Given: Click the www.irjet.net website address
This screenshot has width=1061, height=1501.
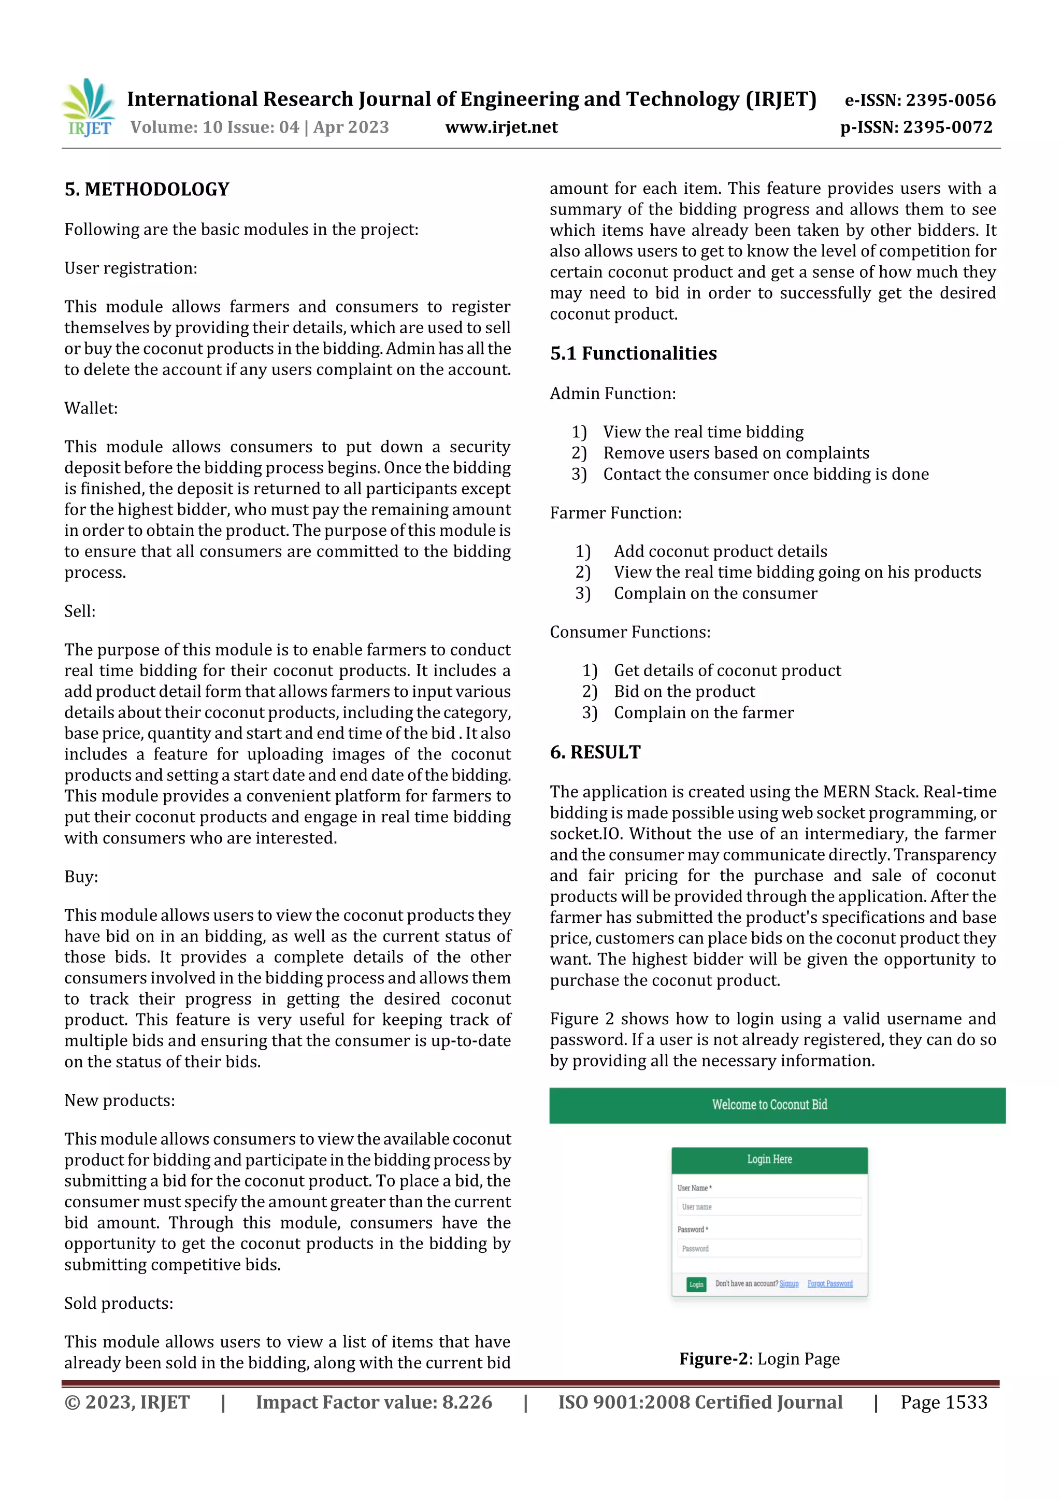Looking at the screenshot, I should pyautogui.click(x=501, y=127).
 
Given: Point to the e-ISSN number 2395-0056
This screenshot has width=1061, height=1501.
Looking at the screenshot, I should pyautogui.click(x=920, y=100).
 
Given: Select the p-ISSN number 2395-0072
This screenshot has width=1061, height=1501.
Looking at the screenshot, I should pyautogui.click(x=916, y=127).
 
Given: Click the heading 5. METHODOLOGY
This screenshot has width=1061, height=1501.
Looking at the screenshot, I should pyautogui.click(x=147, y=190).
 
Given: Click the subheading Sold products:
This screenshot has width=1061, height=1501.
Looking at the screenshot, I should pyautogui.click(x=118, y=1303).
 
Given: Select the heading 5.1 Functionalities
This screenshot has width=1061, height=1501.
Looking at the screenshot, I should pyautogui.click(x=633, y=354).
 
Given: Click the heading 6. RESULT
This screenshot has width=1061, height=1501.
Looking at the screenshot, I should pyautogui.click(x=595, y=752).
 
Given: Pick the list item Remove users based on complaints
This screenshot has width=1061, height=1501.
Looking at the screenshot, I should pyautogui.click(x=736, y=453).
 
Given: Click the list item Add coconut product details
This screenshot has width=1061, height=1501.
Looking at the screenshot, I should pyautogui.click(x=720, y=551).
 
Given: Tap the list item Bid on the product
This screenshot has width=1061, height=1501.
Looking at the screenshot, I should pyautogui.click(x=684, y=692).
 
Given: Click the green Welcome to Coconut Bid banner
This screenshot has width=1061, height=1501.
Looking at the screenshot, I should pyautogui.click(x=777, y=1105).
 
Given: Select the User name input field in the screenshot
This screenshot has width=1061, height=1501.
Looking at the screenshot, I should pyautogui.click(x=769, y=1207).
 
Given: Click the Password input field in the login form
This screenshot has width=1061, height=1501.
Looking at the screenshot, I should pyautogui.click(x=769, y=1249).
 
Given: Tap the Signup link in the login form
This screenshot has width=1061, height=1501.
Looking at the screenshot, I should pyautogui.click(x=788, y=1283).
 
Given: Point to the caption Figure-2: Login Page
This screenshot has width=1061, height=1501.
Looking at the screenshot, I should pyautogui.click(x=759, y=1359).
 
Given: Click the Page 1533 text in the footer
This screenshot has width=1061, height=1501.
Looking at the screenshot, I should pyautogui.click(x=943, y=1402).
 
